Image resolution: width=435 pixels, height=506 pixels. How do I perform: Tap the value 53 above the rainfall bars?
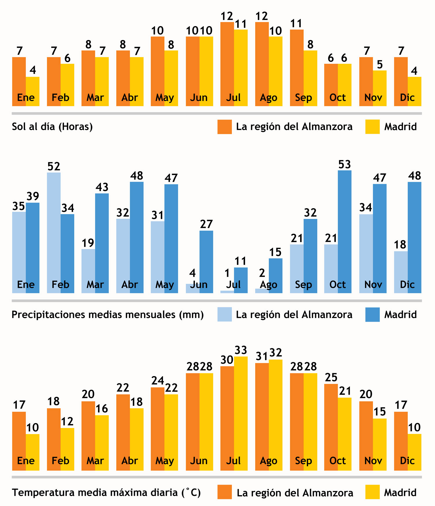(x=345, y=164)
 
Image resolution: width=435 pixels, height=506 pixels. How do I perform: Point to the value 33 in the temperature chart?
(x=241, y=350)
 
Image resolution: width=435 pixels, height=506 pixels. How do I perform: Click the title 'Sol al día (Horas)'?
(x=52, y=127)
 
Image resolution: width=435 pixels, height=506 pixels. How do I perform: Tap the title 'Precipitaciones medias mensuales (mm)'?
(x=108, y=315)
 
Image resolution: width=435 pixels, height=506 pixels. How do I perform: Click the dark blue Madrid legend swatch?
(x=372, y=315)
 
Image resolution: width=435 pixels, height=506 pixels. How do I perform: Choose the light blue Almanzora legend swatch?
(x=224, y=315)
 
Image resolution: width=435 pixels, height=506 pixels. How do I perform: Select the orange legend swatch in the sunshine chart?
(x=224, y=127)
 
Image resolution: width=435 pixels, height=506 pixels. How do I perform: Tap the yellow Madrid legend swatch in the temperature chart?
(x=372, y=493)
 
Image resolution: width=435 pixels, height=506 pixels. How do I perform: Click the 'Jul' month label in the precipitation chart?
(x=233, y=284)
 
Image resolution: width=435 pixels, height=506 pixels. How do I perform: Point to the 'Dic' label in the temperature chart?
(x=407, y=461)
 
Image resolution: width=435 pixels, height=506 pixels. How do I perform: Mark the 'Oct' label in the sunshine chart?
(x=338, y=97)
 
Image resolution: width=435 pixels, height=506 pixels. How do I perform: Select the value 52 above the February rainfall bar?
(x=54, y=166)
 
